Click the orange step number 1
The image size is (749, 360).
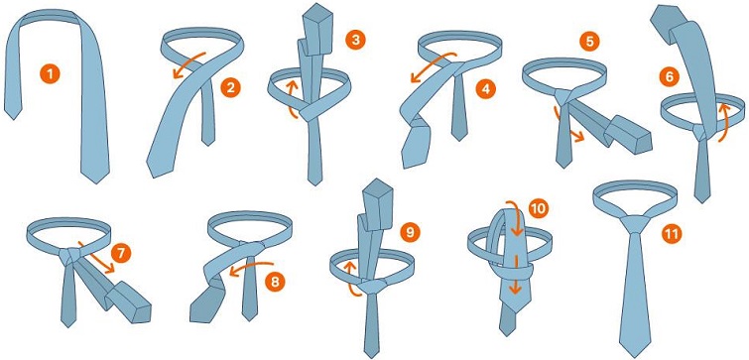[51, 74]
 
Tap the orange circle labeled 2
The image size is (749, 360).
[231, 88]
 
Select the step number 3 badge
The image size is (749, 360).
[355, 40]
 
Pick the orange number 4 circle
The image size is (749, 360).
[486, 89]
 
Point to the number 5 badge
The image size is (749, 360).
[589, 41]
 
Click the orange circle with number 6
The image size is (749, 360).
[669, 77]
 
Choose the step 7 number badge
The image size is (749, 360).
[120, 253]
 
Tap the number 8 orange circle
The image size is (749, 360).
[275, 282]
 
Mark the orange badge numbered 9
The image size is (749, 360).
[410, 232]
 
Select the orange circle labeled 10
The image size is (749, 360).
[539, 208]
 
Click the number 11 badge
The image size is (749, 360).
[672, 233]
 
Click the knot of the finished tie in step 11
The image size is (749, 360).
[635, 224]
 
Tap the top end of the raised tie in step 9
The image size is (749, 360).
[377, 182]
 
